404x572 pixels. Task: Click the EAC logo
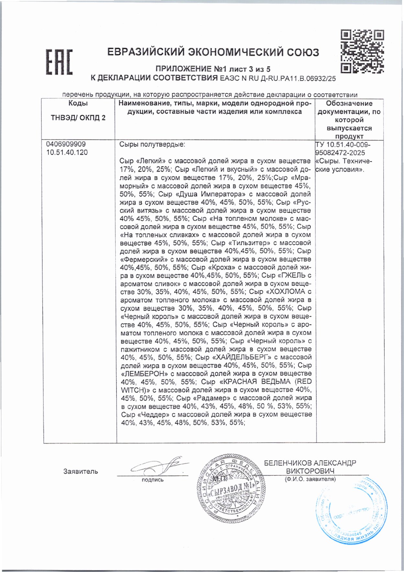click(59, 62)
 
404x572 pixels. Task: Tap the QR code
click(362, 51)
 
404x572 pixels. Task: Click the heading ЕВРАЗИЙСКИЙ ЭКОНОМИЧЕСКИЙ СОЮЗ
click(213, 52)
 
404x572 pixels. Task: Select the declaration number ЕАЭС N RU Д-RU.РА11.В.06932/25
click(278, 78)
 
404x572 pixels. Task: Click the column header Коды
click(78, 103)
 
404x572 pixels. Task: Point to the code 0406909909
click(66, 144)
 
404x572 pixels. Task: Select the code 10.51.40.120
click(67, 153)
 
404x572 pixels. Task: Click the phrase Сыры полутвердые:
click(152, 145)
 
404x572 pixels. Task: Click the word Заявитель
click(81, 472)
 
